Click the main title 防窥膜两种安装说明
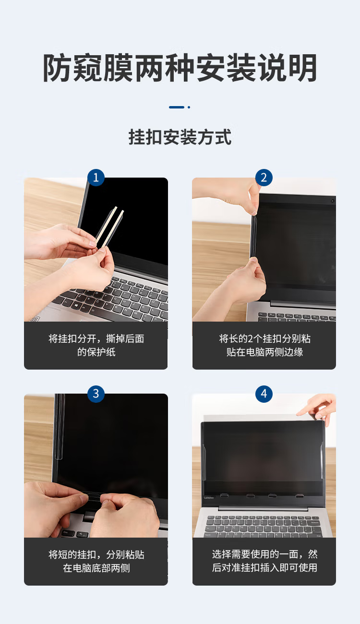[180, 68]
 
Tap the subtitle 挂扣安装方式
[180, 137]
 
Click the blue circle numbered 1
[96, 178]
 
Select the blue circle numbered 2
[264, 178]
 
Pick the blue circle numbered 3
[96, 394]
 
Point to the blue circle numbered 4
[264, 394]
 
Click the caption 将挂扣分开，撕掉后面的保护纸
[96, 345]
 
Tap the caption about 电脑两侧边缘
[264, 345]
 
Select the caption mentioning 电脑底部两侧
[96, 561]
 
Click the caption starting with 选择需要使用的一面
[264, 561]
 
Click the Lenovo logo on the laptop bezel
[209, 498]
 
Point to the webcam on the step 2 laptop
[333, 201]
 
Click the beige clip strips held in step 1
[110, 227]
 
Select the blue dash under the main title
[177, 107]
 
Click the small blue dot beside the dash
[189, 107]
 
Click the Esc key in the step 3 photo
[66, 532]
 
